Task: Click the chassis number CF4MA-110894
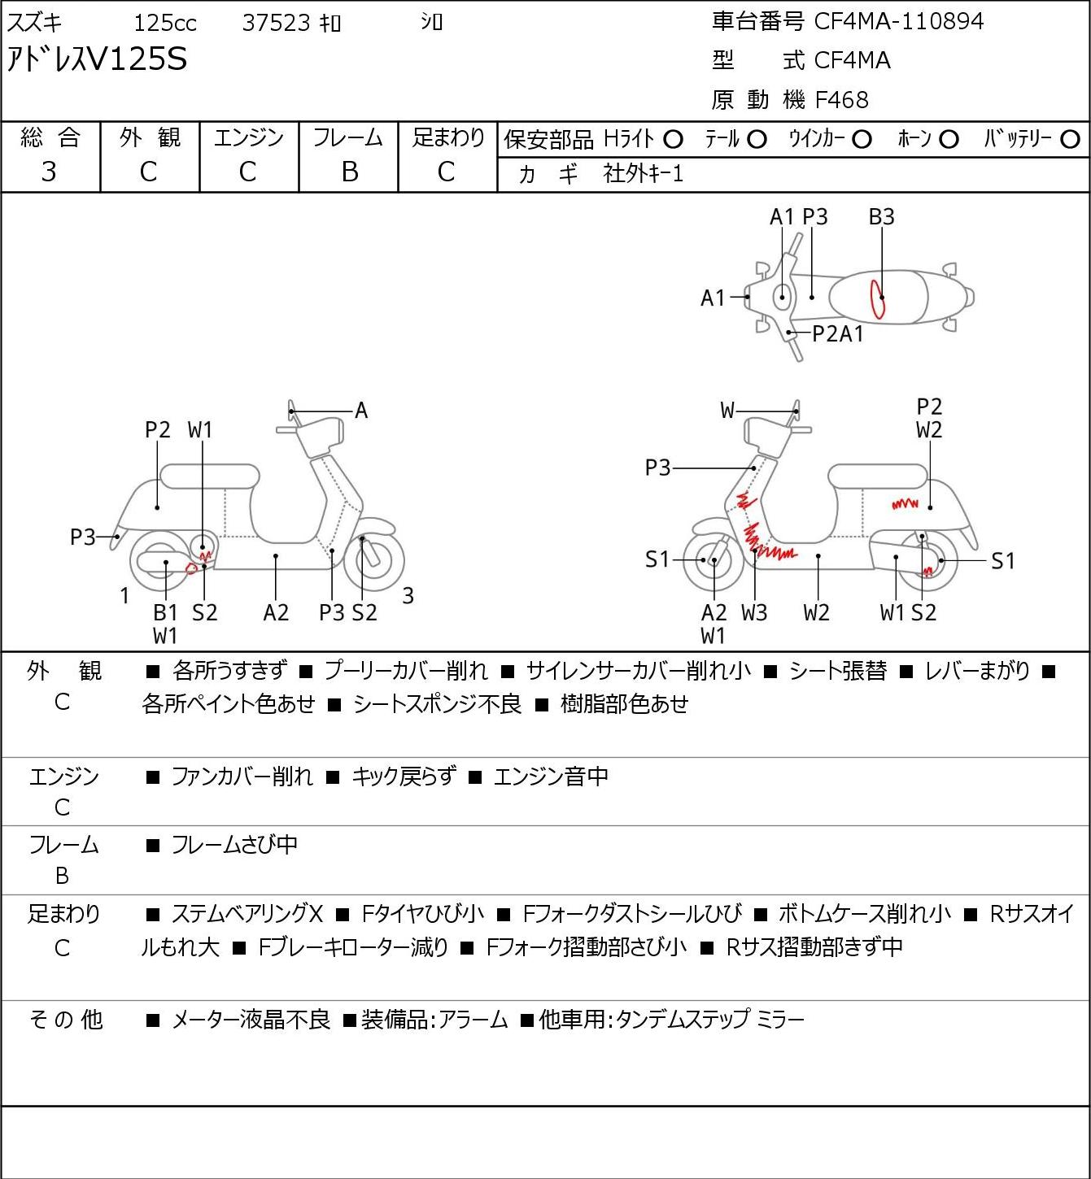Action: tap(898, 21)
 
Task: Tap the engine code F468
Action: tap(841, 100)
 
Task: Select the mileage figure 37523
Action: tap(277, 23)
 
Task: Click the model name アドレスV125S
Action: tap(97, 59)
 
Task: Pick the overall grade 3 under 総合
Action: tap(49, 172)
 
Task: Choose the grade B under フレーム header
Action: tap(349, 172)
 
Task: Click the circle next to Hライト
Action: tap(673, 140)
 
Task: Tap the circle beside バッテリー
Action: tap(1070, 140)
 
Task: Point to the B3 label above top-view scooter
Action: tap(881, 216)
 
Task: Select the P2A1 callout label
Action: tap(837, 334)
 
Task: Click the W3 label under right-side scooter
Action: tap(754, 612)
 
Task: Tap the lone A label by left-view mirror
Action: tap(360, 411)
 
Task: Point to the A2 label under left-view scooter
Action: tap(276, 612)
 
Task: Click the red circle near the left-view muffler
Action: tap(191, 568)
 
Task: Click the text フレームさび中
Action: tap(234, 845)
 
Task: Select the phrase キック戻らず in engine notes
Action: tap(404, 777)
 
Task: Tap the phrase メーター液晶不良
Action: tap(251, 1020)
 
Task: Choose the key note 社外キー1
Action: tap(643, 174)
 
